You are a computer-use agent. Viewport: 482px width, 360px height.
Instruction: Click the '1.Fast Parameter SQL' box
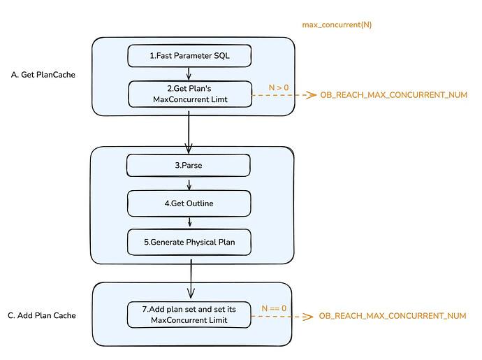click(189, 56)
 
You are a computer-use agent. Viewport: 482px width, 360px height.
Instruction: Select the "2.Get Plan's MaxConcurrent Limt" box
click(190, 94)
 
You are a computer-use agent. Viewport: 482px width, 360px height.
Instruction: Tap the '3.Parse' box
click(189, 165)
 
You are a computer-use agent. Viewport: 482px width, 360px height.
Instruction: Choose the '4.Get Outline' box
click(189, 203)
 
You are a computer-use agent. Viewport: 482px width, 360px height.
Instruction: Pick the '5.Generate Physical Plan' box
click(189, 242)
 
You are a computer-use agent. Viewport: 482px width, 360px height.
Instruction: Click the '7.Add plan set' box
click(189, 315)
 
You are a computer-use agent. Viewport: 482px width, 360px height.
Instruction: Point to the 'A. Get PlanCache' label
click(43, 75)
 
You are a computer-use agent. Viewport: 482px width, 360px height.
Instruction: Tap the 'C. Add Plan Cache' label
click(42, 316)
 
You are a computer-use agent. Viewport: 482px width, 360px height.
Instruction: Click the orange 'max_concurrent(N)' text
click(337, 24)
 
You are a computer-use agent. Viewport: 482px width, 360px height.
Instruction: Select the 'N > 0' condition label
click(279, 87)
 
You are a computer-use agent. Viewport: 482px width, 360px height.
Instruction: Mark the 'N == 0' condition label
click(274, 308)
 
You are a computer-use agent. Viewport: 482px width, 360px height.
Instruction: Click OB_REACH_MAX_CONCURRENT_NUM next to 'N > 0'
click(394, 95)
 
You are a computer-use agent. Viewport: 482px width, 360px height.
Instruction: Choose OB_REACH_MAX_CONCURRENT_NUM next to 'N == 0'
click(393, 316)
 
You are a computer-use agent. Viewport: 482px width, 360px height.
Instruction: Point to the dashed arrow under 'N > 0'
click(284, 95)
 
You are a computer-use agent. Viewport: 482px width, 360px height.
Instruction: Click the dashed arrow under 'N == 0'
click(282, 316)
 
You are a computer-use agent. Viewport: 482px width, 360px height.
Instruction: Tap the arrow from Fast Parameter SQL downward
click(189, 74)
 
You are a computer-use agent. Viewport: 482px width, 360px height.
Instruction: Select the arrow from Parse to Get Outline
click(189, 184)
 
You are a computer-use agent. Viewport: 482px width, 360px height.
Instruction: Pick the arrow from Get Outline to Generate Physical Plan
click(190, 222)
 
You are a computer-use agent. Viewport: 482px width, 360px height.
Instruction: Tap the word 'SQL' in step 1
click(222, 56)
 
